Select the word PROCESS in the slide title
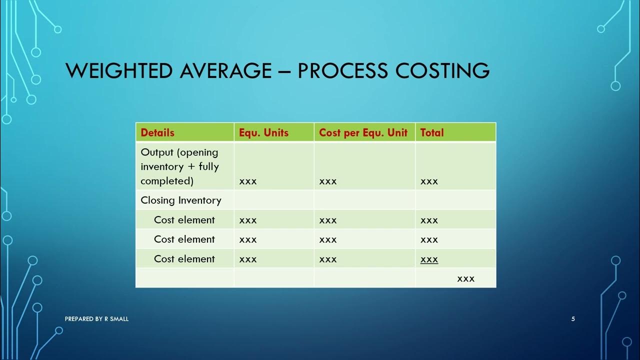tap(342, 71)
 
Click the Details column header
tap(157, 132)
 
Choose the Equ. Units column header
tap(263, 132)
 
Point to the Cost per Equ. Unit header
tap(363, 132)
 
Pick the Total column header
tap(432, 132)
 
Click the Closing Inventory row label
tap(180, 200)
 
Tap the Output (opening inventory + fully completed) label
tap(180, 166)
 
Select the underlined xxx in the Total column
tap(429, 259)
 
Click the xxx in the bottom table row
tap(465, 278)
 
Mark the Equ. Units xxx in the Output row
tap(248, 181)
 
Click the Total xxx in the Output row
tap(429, 181)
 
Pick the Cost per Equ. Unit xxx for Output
tap(328, 181)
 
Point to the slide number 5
tap(573, 319)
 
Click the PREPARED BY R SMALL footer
tap(96, 319)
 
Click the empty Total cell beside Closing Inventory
tap(455, 200)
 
